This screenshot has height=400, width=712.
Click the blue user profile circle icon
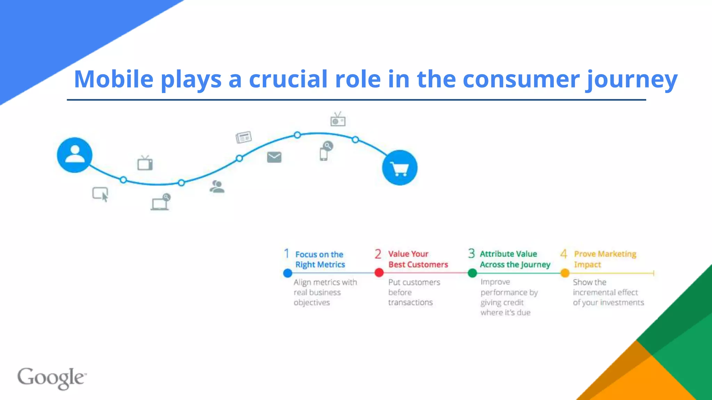point(74,155)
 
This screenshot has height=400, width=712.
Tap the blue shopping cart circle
point(399,168)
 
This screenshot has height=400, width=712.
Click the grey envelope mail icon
point(274,157)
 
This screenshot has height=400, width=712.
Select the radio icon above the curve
point(338,120)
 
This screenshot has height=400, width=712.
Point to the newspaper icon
point(243,137)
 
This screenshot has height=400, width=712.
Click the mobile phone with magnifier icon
point(325,151)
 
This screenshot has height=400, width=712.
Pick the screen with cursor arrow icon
point(100,194)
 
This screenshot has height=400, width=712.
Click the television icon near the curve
point(145,163)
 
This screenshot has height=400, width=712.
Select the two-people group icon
point(217,186)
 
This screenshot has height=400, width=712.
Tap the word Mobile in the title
point(114,79)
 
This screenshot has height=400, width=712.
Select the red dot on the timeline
point(379,273)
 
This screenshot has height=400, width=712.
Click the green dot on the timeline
point(472,273)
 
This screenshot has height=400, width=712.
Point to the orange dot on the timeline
point(565,273)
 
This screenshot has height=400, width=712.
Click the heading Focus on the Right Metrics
point(320,259)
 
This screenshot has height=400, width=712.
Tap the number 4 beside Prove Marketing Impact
point(564,254)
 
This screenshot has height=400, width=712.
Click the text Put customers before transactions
point(414,292)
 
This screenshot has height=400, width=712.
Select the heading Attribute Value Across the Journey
point(515,259)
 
